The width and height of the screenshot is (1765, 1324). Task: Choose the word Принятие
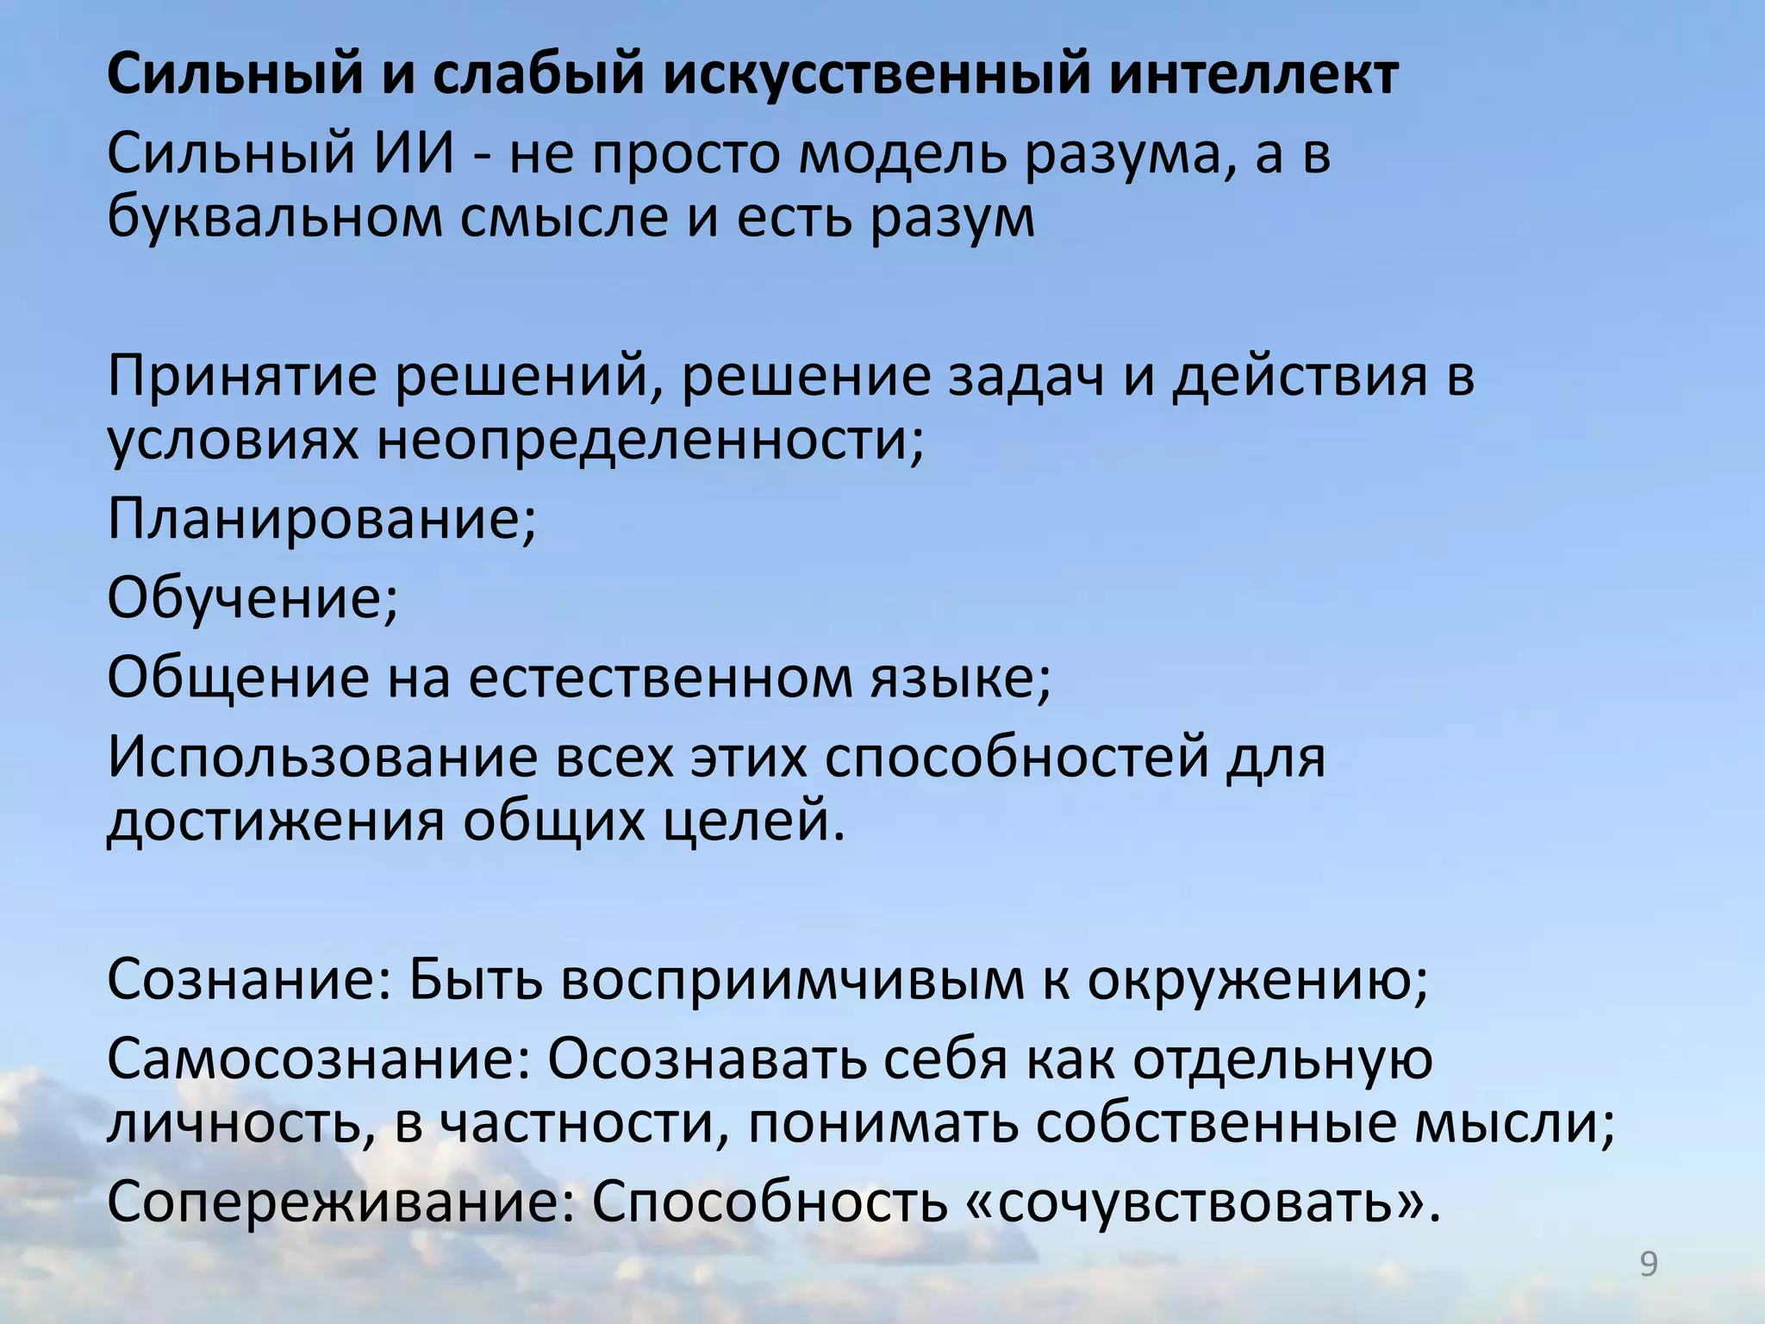click(x=242, y=378)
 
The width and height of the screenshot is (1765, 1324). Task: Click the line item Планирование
click(x=321, y=519)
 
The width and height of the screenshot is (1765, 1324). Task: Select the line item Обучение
click(x=253, y=598)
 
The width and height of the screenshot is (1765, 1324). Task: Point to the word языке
click(x=954, y=678)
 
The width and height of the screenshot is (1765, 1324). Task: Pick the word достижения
click(x=275, y=821)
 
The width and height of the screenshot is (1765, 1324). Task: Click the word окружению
click(x=1257, y=981)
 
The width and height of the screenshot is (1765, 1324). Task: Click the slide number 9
click(x=1648, y=1265)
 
